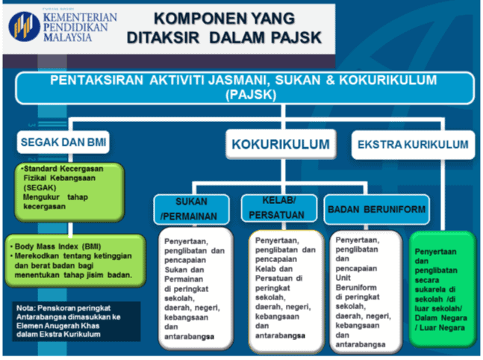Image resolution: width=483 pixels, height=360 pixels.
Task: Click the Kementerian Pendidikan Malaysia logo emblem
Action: tap(24, 25)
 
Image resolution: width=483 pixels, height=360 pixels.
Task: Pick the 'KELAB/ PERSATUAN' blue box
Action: tap(278, 208)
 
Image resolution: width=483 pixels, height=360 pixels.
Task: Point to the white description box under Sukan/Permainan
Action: tap(198, 288)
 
